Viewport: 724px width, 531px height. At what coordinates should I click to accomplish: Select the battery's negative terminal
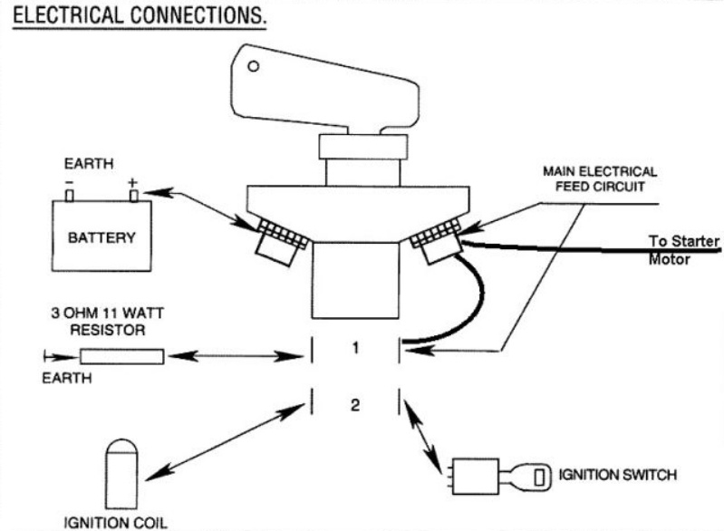70,195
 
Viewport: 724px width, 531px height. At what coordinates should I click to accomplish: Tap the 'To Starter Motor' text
683,249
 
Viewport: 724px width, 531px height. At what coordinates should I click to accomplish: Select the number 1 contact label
355,346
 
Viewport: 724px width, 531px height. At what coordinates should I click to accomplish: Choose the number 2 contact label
355,405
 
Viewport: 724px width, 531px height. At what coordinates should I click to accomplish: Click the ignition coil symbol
121,472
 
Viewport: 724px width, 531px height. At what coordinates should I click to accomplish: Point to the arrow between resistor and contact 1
234,357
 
